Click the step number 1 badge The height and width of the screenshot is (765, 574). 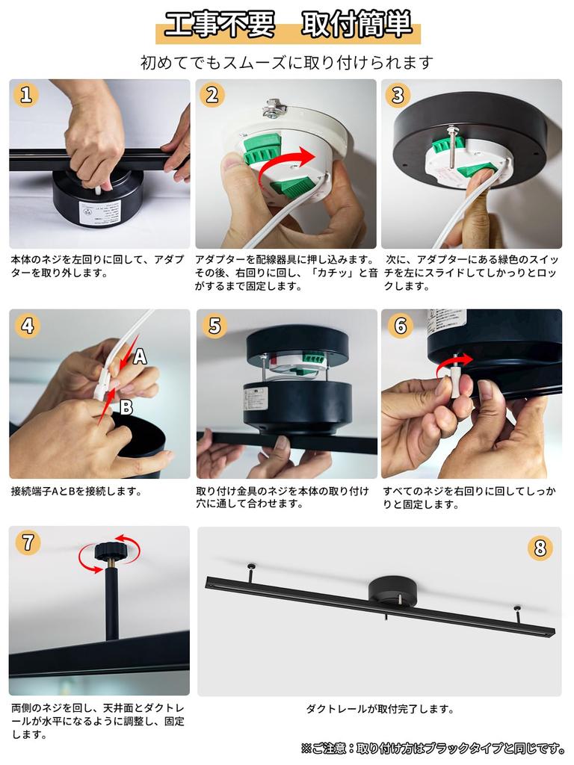[27, 95]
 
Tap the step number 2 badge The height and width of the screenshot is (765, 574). [212, 95]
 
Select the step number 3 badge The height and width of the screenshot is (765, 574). [398, 95]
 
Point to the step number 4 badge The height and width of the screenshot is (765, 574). [27, 326]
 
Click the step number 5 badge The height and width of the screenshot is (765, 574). [214, 326]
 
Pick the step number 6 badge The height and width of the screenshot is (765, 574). [399, 326]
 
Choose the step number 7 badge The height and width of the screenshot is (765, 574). [27, 542]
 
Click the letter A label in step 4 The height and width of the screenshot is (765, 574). [139, 358]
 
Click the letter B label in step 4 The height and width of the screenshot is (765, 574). [126, 407]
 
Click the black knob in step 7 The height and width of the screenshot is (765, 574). [111, 554]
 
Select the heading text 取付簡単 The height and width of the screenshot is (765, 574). [357, 25]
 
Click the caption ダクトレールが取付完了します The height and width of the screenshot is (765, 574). [380, 709]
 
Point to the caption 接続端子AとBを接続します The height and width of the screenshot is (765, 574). [76, 492]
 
